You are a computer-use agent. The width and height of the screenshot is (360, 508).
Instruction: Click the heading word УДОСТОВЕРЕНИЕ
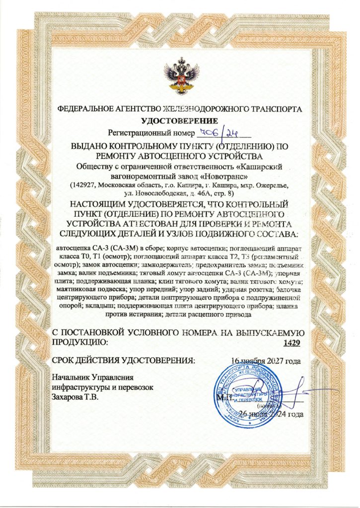click(179, 121)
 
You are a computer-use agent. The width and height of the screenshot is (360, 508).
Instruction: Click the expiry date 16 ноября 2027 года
click(266, 360)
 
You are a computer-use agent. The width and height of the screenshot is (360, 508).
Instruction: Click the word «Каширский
click(267, 166)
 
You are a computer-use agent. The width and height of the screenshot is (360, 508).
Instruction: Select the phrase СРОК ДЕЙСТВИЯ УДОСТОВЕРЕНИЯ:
click(124, 360)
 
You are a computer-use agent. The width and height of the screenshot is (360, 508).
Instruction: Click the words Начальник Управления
click(91, 378)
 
